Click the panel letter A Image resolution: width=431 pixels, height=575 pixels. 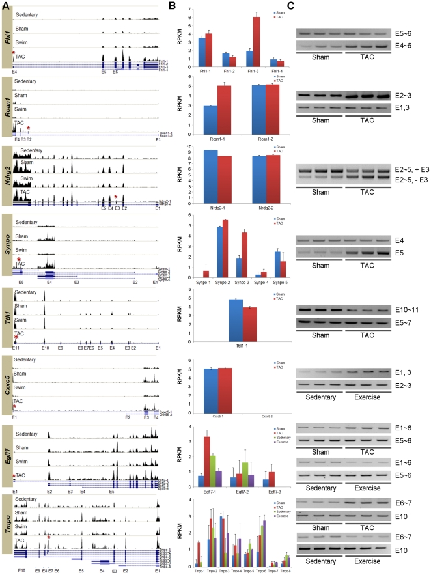pyautogui.click(x=5, y=6)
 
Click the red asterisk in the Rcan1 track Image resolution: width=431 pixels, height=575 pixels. pyautogui.click(x=28, y=128)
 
